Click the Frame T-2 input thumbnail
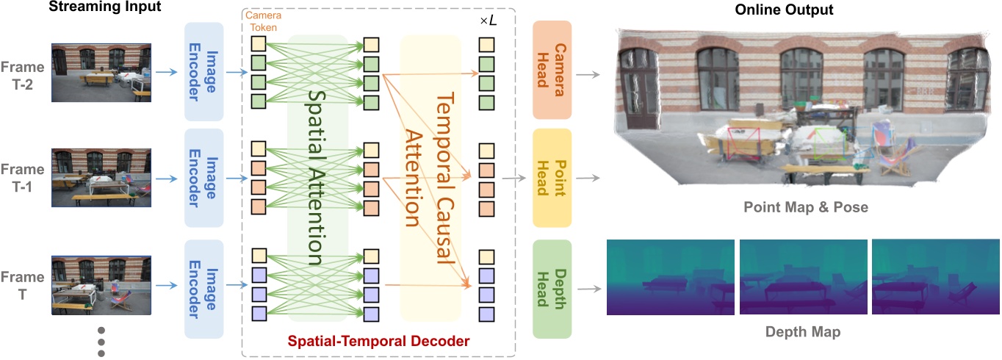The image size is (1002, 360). [101, 71]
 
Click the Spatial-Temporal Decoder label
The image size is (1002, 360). [378, 342]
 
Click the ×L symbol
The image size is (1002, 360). [488, 22]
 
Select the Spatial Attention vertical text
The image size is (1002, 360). [316, 177]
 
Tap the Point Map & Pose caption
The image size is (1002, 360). [804, 208]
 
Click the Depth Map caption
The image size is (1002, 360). [804, 332]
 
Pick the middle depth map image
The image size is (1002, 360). [803, 277]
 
